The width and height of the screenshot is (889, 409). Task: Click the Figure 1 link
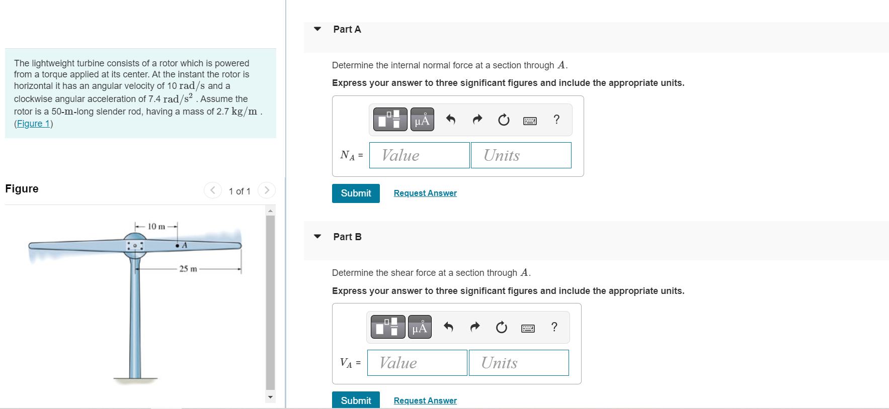(34, 124)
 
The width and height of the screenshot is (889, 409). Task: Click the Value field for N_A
(420, 155)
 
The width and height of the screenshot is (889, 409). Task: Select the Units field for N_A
(521, 155)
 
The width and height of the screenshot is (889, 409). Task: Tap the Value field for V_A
(417, 363)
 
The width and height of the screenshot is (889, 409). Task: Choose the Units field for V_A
(519, 363)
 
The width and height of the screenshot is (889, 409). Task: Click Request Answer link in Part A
(425, 193)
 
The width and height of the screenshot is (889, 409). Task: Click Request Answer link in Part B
(425, 400)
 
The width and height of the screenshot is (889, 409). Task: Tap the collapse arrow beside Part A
(317, 29)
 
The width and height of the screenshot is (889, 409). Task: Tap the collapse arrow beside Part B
(317, 237)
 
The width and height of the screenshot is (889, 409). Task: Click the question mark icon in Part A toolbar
(556, 120)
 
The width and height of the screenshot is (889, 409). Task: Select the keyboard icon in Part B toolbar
(528, 328)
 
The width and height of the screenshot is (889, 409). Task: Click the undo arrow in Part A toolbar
(451, 120)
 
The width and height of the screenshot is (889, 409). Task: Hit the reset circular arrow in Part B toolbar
(502, 328)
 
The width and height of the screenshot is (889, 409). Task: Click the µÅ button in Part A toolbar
(422, 120)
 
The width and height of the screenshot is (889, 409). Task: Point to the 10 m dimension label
(156, 227)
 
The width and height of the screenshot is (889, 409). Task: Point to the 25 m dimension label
(188, 269)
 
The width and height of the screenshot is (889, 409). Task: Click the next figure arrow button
(267, 190)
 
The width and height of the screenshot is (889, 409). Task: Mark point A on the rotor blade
(178, 246)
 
